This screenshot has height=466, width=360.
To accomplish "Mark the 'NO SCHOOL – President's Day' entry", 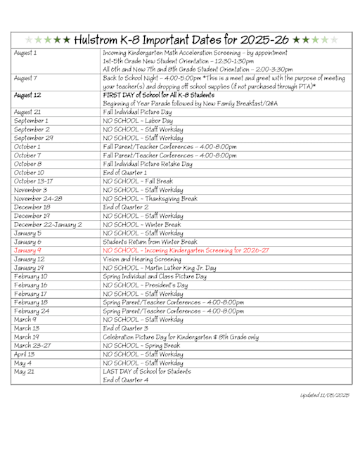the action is pos(148,286).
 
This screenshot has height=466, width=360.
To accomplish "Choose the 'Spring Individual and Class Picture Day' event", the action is pos(155,277).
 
